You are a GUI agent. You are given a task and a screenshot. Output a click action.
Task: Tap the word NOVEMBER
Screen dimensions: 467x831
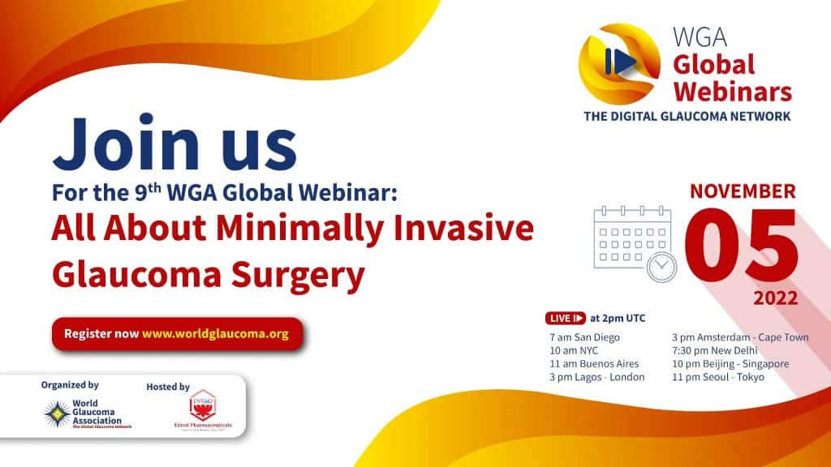pos(743,192)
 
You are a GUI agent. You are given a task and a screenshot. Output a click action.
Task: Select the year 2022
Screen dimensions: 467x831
pos(775,298)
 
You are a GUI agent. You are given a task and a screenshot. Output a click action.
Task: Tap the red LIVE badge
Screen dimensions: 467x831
pos(567,318)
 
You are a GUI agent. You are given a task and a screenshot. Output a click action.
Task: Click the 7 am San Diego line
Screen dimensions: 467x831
pos(584,337)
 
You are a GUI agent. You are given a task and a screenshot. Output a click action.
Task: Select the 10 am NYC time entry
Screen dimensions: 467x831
pos(573,350)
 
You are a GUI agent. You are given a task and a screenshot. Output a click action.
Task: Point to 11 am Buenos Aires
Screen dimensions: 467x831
pos(594,364)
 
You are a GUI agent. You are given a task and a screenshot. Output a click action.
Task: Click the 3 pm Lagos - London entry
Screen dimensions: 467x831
pos(596,377)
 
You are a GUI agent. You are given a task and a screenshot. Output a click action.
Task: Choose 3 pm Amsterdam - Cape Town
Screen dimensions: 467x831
pos(739,337)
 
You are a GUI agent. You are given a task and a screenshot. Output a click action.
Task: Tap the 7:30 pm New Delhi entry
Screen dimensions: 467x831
pos(713,350)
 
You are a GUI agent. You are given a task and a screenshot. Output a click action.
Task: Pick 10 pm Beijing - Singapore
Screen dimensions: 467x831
pos(730,364)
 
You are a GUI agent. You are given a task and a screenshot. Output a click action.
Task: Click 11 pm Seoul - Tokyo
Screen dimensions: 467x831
pos(717,377)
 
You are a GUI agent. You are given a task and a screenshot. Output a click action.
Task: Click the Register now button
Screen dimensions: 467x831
pos(176,334)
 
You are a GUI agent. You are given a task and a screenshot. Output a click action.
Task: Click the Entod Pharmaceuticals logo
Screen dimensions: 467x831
pos(200,405)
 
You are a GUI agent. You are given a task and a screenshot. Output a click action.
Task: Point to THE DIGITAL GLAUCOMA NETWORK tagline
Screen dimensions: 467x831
pos(687,116)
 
